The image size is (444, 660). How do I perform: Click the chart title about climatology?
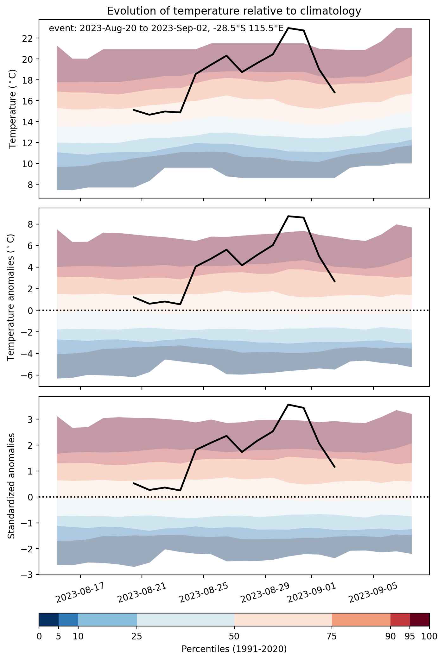click(x=234, y=11)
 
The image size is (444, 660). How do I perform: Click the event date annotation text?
click(x=166, y=28)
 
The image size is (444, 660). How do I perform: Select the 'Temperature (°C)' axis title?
click(x=13, y=109)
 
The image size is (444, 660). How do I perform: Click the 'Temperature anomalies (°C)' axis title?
click(x=11, y=297)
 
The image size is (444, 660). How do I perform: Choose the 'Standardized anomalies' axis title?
click(x=11, y=485)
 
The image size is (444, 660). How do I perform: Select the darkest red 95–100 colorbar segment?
click(x=420, y=619)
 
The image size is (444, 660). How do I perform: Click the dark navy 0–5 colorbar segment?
click(x=49, y=619)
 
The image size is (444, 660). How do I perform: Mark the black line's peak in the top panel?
click(x=288, y=28)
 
